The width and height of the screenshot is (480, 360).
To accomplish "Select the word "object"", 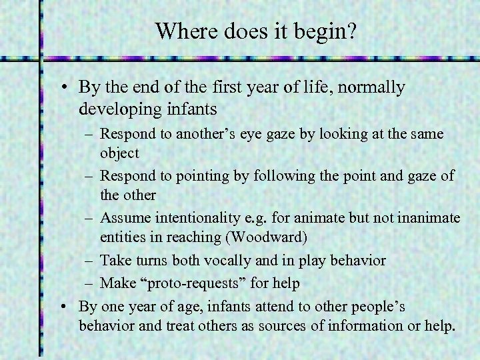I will click(119, 153).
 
